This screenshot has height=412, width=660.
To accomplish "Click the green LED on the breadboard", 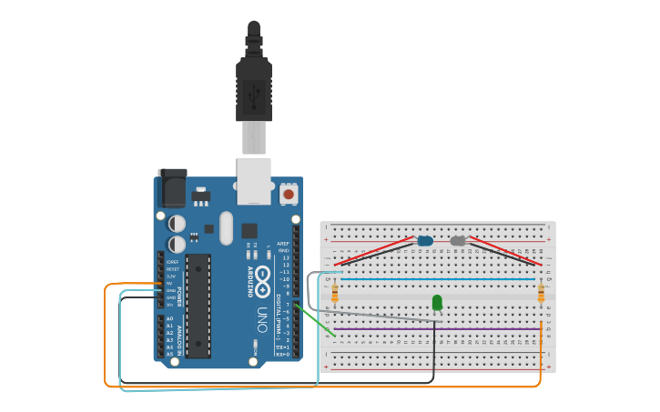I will [437, 302].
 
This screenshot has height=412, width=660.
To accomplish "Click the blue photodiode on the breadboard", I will [425, 241].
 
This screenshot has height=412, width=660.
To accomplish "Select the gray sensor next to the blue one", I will [458, 241].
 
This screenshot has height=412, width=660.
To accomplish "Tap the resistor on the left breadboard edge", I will [335, 292].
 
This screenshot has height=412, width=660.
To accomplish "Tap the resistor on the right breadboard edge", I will [541, 292].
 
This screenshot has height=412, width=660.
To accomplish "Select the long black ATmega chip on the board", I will [198, 306].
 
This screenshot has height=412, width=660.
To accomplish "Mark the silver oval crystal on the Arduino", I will [226, 228].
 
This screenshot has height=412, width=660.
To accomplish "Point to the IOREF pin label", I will [171, 262].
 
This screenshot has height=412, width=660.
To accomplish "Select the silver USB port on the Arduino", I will [254, 180].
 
